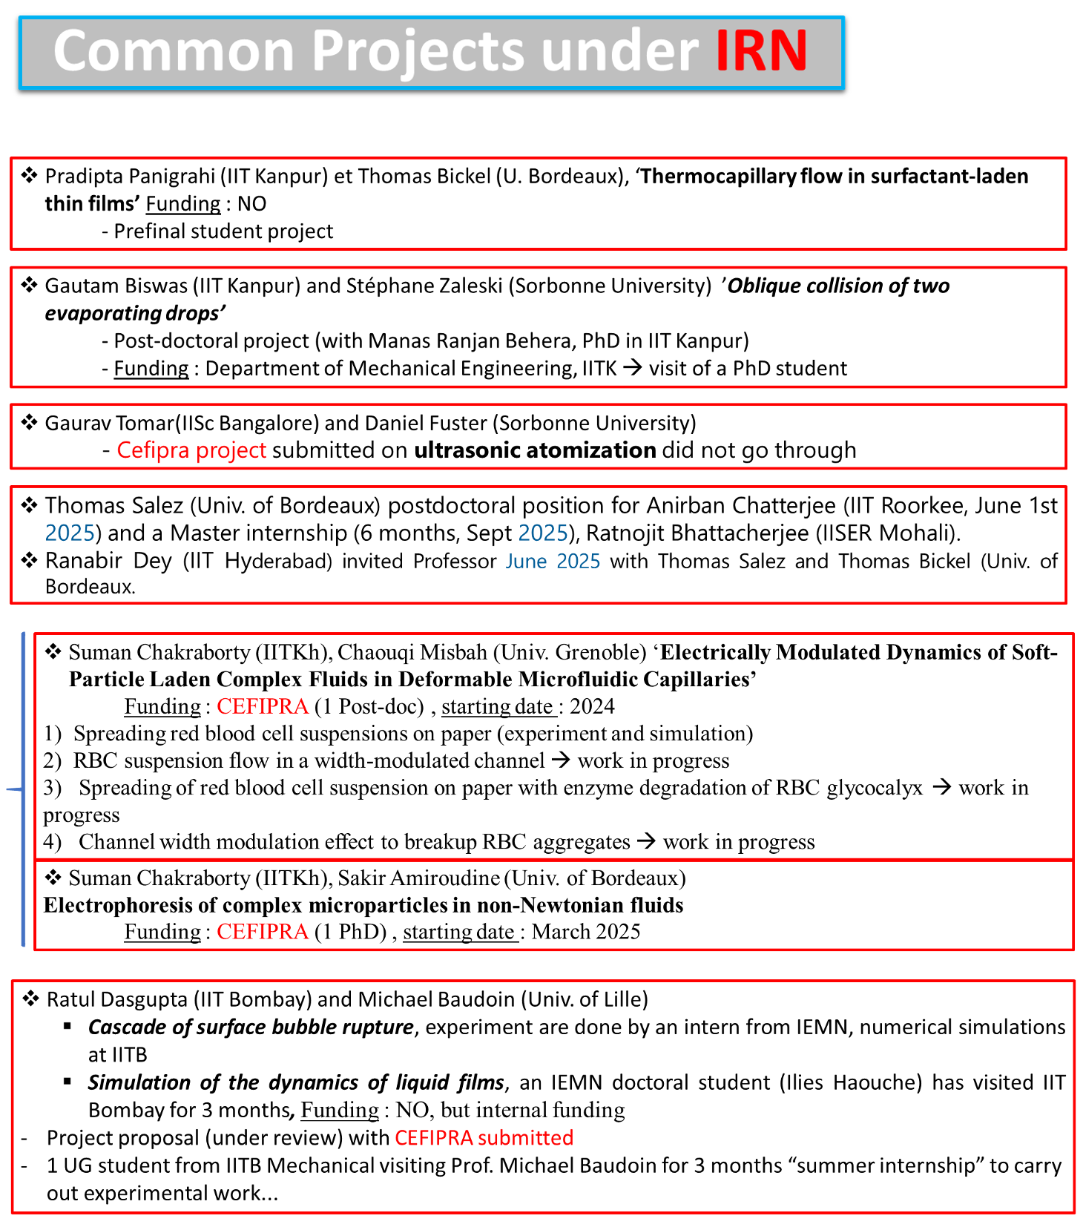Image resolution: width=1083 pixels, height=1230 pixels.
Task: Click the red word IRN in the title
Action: coord(761,51)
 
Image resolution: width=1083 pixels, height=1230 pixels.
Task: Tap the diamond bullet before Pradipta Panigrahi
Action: coord(29,176)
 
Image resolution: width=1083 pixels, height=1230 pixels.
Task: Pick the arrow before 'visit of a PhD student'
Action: coord(632,368)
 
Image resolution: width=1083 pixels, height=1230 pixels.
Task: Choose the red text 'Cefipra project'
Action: coord(191,450)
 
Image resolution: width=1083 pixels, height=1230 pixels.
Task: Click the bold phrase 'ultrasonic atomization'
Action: coord(535,450)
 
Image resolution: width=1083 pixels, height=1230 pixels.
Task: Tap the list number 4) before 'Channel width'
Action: coord(52,842)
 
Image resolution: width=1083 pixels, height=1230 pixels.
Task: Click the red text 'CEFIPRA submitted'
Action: coord(484,1138)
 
